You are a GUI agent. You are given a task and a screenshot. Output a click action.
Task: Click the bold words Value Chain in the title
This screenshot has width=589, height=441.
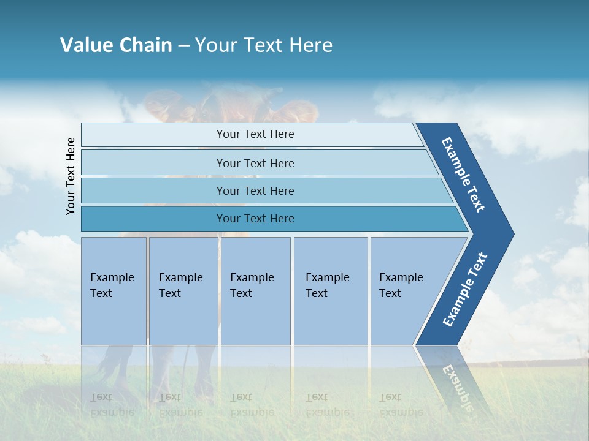click(x=116, y=45)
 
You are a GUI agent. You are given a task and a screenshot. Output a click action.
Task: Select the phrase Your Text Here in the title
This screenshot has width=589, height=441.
click(x=264, y=45)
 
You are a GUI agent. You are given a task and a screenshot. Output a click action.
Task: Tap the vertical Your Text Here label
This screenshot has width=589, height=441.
click(x=71, y=176)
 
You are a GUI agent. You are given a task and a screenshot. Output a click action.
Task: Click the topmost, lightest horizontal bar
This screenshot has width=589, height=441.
click(x=255, y=134)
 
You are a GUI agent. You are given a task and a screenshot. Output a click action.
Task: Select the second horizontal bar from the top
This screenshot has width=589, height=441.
click(x=255, y=163)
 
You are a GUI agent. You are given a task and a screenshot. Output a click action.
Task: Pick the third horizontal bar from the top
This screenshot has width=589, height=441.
click(x=255, y=190)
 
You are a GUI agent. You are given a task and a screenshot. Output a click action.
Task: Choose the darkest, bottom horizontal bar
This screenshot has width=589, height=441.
click(x=255, y=219)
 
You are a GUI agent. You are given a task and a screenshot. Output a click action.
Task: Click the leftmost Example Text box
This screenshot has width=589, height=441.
click(x=114, y=291)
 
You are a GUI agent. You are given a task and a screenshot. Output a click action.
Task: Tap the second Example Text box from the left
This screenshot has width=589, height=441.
click(x=183, y=291)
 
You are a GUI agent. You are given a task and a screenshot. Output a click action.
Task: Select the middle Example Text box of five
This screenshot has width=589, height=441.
click(x=255, y=291)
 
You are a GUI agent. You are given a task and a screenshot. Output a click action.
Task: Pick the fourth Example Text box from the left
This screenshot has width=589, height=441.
click(x=331, y=291)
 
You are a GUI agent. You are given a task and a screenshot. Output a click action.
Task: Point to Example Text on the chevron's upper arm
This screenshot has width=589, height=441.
click(x=463, y=175)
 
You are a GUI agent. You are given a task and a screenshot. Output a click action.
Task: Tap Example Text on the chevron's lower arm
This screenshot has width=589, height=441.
click(x=464, y=290)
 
